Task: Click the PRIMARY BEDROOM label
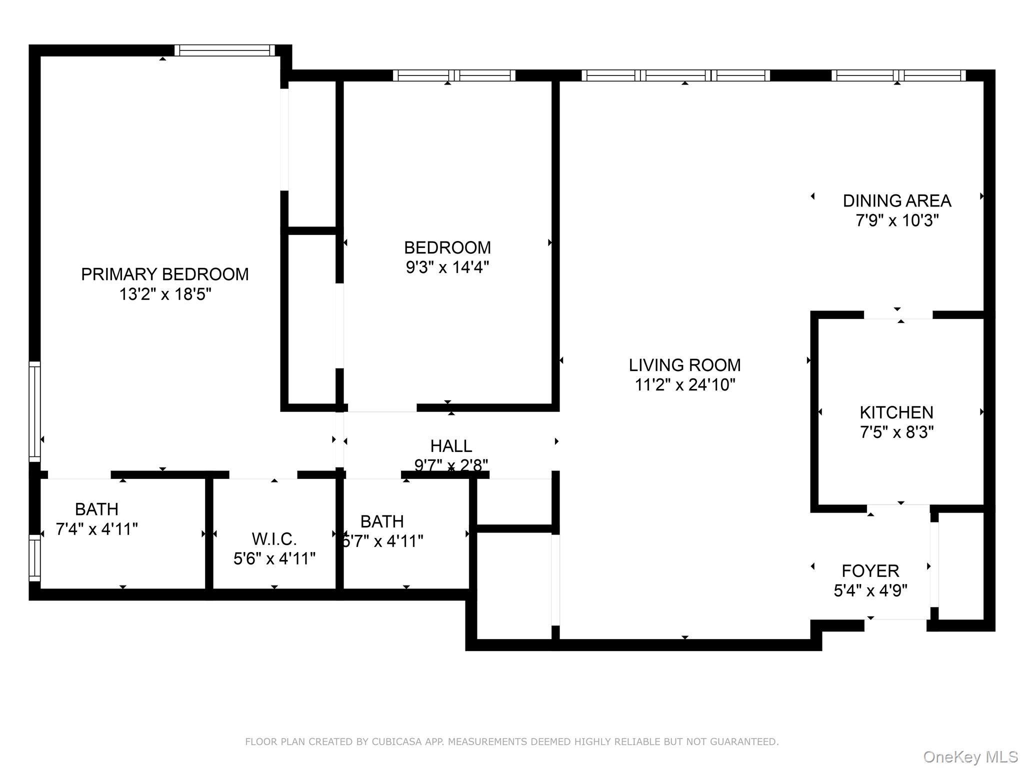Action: [164, 274]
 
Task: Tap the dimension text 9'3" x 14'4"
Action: [447, 267]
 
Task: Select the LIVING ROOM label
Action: [684, 365]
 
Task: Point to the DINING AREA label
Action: [896, 201]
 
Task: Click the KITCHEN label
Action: [896, 412]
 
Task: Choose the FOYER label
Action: [870, 570]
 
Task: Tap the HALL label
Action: [451, 445]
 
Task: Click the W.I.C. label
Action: [274, 539]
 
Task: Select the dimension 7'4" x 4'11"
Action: [96, 529]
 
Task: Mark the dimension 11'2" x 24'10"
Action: [684, 385]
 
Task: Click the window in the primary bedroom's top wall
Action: [224, 50]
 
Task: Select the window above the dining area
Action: [898, 75]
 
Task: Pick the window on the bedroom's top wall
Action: [453, 75]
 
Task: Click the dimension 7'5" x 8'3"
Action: [896, 432]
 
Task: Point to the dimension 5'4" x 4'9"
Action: [870, 590]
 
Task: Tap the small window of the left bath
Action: [34, 558]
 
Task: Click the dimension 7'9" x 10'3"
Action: [896, 220]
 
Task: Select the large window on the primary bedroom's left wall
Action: [34, 411]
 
